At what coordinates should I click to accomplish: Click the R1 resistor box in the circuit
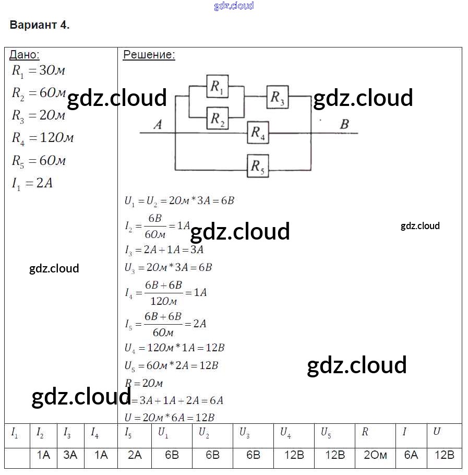(x=218, y=87)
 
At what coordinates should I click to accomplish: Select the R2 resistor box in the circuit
(x=218, y=119)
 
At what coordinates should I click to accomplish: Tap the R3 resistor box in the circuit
(x=278, y=97)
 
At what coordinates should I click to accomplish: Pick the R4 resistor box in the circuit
(x=258, y=133)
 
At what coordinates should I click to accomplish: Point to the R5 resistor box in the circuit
(x=258, y=166)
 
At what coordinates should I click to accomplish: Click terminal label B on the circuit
(x=344, y=124)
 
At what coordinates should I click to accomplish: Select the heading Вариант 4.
(x=40, y=25)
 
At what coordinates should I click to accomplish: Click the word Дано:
(x=25, y=55)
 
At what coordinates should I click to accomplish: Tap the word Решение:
(x=149, y=55)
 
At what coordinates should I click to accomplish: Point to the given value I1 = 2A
(x=32, y=183)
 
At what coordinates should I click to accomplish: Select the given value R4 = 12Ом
(x=43, y=138)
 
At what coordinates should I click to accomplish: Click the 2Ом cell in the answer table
(x=375, y=455)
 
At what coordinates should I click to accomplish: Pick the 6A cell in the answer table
(x=411, y=455)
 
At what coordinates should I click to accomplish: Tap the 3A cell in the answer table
(x=70, y=455)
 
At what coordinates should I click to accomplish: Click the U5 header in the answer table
(x=326, y=433)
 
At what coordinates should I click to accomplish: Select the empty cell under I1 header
(x=17, y=455)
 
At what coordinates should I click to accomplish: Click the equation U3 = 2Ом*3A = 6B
(x=168, y=268)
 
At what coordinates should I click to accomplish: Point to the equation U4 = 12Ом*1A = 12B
(x=174, y=348)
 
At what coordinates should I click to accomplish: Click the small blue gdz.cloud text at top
(x=234, y=6)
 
